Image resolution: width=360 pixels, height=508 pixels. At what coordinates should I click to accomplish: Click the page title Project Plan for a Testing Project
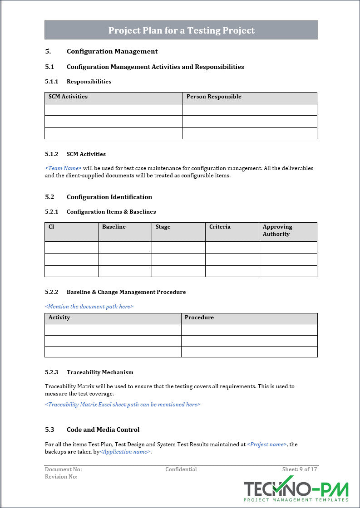coord(181,30)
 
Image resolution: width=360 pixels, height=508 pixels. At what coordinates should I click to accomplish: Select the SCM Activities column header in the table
coord(68,97)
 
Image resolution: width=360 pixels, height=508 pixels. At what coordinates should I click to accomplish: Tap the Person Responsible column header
coord(214,97)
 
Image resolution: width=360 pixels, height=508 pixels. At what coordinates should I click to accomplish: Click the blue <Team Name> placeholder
coord(63,168)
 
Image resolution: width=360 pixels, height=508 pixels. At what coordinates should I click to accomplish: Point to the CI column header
coord(51,227)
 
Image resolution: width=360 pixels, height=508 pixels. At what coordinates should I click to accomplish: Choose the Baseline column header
coord(114,227)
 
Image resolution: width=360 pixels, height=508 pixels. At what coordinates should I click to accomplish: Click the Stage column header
coord(163,227)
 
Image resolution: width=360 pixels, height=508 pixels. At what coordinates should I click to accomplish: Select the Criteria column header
coord(220,227)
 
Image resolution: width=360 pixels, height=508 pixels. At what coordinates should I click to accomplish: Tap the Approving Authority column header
coord(277,230)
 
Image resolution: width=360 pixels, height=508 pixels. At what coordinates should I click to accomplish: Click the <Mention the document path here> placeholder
coord(89,307)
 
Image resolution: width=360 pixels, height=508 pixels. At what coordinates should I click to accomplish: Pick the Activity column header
coord(59,317)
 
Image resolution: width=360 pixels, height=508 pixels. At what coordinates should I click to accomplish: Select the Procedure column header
coord(199,317)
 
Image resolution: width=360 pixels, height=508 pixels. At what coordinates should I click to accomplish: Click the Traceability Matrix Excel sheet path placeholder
coord(123,405)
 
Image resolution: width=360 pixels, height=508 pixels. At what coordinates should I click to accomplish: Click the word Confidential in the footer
coord(181,469)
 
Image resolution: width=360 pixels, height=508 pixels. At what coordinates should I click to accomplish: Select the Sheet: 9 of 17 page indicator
coord(300,469)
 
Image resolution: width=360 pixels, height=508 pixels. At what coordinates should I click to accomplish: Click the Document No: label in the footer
coord(63,469)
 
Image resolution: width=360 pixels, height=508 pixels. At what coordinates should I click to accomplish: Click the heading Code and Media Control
coord(103,430)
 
